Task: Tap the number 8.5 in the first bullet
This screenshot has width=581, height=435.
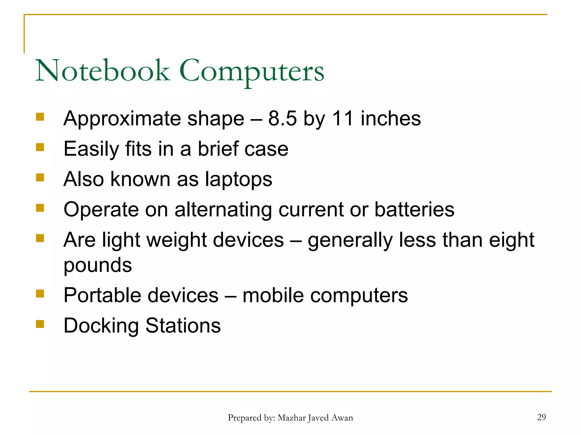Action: [x=282, y=118]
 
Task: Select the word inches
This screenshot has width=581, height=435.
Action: [x=391, y=118]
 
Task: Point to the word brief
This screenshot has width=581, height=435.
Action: [x=218, y=149]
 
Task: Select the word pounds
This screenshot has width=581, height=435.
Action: [x=98, y=265]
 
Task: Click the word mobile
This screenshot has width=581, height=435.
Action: [x=273, y=295]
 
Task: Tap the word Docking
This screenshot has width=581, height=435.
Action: [x=101, y=326]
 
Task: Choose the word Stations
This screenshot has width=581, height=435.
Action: [x=183, y=325]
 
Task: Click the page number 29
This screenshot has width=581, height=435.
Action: [x=541, y=417]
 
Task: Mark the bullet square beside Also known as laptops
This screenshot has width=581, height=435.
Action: [x=40, y=178]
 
